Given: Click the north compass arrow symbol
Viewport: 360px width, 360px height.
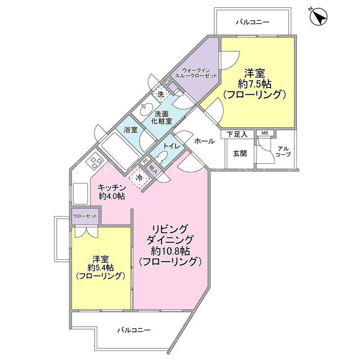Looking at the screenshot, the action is pyautogui.click(x=319, y=17).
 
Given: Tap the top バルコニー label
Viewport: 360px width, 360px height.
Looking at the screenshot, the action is pyautogui.click(x=253, y=22).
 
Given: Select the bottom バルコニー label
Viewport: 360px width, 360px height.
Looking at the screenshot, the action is pyautogui.click(x=134, y=330).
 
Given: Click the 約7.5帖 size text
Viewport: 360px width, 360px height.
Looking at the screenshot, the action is pyautogui.click(x=255, y=84).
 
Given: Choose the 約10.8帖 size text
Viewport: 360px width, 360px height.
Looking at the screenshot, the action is pyautogui.click(x=170, y=251).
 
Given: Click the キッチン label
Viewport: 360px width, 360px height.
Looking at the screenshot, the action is pyautogui.click(x=112, y=187).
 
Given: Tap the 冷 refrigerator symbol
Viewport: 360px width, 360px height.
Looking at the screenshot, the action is pyautogui.click(x=139, y=178).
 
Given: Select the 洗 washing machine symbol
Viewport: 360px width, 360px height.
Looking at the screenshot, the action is pyautogui.click(x=161, y=94).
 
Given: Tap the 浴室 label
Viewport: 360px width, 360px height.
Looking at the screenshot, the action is pyautogui.click(x=130, y=130).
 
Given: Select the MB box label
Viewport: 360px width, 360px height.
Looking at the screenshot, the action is pyautogui.click(x=265, y=133).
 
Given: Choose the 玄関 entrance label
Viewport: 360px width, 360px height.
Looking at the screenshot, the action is pyautogui.click(x=240, y=154).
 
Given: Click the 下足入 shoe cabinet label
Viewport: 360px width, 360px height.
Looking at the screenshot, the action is pyautogui.click(x=237, y=134).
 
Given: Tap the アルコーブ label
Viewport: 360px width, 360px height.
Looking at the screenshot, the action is pyautogui.click(x=283, y=151).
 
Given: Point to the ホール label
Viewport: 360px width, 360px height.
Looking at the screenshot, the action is pyautogui.click(x=205, y=141).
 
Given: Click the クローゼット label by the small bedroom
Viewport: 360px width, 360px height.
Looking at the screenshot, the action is pyautogui.click(x=85, y=216).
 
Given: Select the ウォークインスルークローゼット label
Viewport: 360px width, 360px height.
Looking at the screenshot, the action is pyautogui.click(x=196, y=73).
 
